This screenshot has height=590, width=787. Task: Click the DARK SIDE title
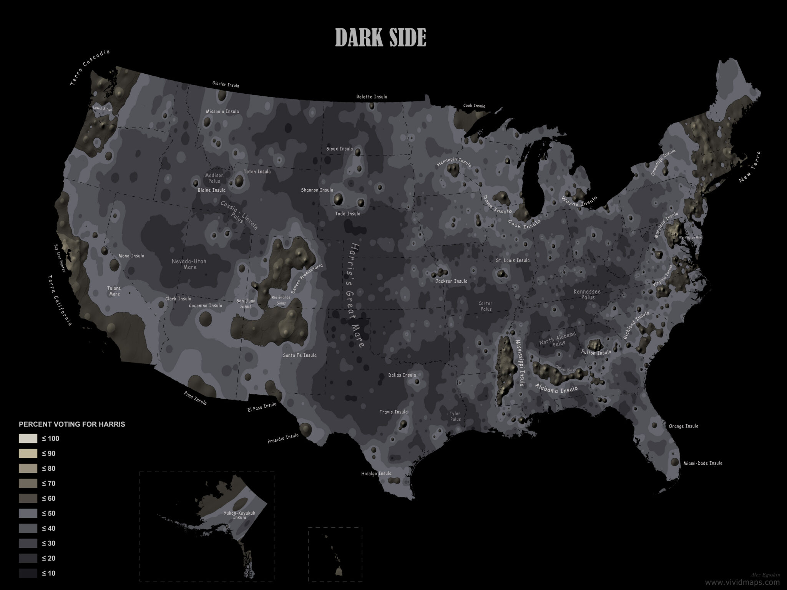click(381, 38)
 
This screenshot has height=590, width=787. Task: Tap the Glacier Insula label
click(226, 85)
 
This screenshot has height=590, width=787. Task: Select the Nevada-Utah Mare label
click(189, 264)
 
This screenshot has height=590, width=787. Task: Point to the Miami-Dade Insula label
click(702, 463)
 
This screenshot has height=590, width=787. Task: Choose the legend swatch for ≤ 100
click(28, 439)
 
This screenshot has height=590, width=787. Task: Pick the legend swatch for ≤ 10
click(28, 573)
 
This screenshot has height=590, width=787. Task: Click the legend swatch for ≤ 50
click(28, 513)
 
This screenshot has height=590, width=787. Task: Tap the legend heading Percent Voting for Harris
click(72, 424)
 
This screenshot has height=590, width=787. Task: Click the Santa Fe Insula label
click(300, 355)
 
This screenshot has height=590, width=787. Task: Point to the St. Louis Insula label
click(513, 260)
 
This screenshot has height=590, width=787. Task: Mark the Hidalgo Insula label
click(376, 474)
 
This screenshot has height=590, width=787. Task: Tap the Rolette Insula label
click(372, 97)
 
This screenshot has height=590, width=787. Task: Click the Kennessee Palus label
click(587, 295)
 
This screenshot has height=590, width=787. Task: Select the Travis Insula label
click(393, 412)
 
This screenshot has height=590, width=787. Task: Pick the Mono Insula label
click(132, 256)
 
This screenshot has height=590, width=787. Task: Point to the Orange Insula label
click(684, 426)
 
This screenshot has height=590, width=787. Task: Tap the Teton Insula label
click(257, 172)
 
